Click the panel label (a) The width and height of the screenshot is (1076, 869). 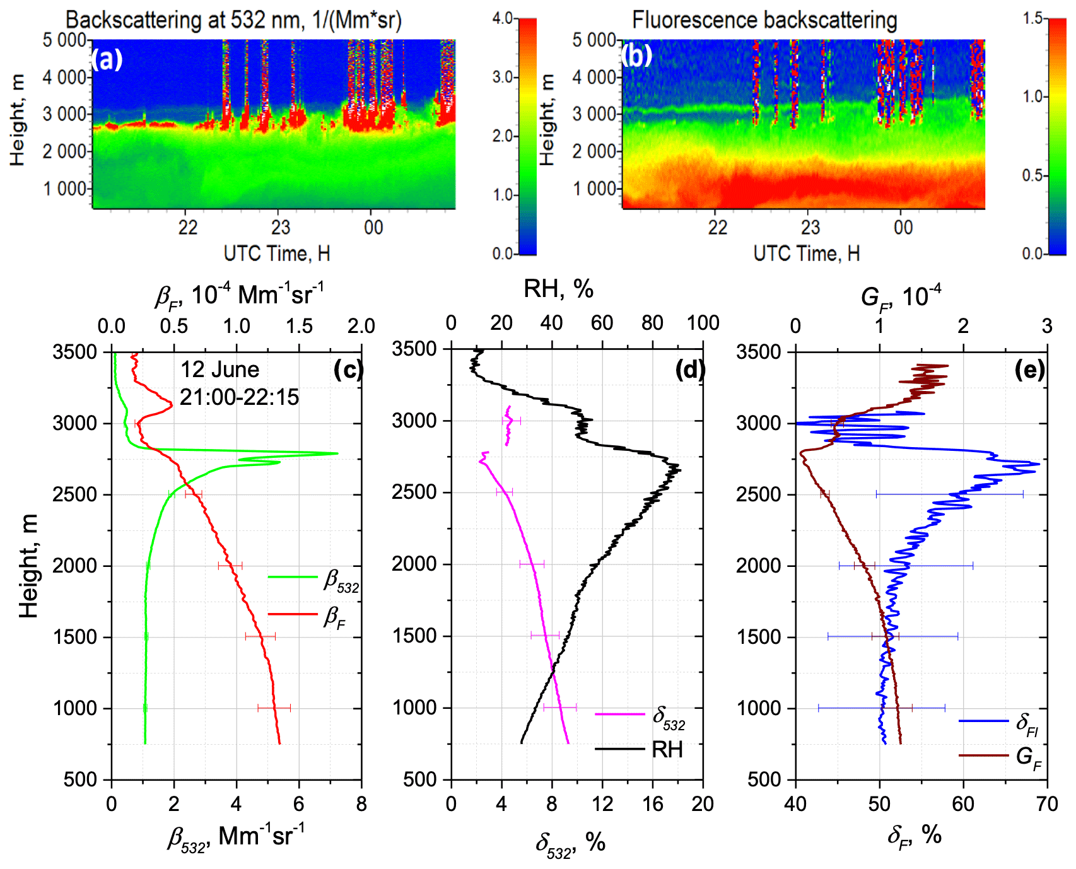tap(107, 59)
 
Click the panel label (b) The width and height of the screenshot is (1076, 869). tap(636, 56)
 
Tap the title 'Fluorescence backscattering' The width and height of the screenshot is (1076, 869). tap(764, 20)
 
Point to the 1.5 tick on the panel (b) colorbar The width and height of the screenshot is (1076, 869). tap(1032, 18)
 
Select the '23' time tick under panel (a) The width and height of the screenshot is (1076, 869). tap(280, 227)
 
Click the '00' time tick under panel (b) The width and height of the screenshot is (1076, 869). tap(903, 227)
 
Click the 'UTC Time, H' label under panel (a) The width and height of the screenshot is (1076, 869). tap(276, 254)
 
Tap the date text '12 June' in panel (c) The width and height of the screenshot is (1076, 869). tap(219, 369)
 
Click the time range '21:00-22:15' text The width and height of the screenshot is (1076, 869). tap(239, 397)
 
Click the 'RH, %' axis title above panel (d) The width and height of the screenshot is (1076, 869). tap(558, 289)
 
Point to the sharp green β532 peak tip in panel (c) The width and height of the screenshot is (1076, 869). tap(337, 453)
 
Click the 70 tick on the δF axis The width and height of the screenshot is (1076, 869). tap(1046, 804)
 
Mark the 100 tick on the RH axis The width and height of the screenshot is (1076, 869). tap(703, 323)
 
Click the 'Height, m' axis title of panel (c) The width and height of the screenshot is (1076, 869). tap(29, 565)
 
